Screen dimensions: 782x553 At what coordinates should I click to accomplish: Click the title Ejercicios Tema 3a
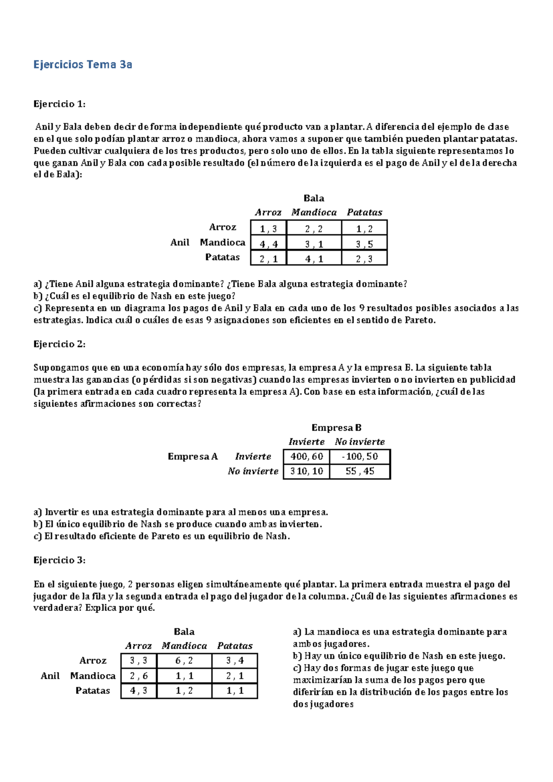tap(82, 65)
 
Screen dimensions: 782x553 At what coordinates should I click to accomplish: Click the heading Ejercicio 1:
tap(59, 104)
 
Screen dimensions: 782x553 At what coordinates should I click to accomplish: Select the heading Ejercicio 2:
tap(59, 344)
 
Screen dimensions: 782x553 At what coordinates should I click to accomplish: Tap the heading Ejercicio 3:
tap(59, 560)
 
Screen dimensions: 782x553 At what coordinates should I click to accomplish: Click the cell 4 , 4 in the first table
tap(268, 244)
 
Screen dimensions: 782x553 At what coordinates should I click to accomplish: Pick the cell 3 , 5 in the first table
tap(364, 244)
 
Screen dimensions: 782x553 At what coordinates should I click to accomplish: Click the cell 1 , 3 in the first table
tap(268, 229)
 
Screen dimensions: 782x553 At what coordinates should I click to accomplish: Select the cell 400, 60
tap(306, 456)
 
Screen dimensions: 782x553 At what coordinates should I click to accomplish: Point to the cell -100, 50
tap(360, 456)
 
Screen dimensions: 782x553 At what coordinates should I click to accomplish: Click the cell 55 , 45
tap(360, 471)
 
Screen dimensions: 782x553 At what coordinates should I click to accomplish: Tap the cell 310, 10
tap(306, 471)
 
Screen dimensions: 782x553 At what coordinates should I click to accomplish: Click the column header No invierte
tap(360, 442)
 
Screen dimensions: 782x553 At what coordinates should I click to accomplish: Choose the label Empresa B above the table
tap(336, 427)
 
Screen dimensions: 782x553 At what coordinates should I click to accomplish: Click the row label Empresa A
tap(193, 456)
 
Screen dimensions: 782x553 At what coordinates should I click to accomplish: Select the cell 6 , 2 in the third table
tap(184, 661)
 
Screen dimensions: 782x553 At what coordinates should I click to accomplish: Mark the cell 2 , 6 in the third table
tap(139, 676)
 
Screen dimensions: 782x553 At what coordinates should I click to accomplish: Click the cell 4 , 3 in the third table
tap(139, 691)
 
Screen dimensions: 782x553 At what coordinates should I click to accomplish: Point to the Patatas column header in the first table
tap(365, 213)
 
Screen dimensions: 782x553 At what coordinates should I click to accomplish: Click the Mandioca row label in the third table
tap(93, 676)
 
